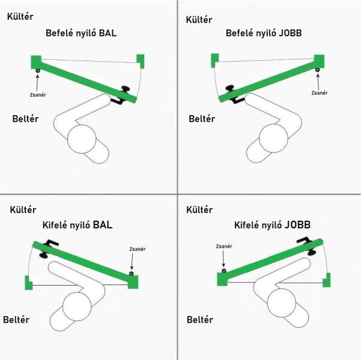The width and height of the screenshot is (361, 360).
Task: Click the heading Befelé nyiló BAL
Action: coord(81,33)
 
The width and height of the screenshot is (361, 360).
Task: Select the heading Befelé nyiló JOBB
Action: coord(264,33)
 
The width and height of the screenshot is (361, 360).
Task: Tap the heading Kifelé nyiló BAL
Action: coord(77,225)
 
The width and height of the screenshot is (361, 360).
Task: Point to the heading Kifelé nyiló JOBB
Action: coord(272,225)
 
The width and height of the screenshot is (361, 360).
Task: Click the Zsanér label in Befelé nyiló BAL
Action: coord(38,95)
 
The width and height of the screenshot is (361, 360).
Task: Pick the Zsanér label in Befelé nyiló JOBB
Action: coord(320,93)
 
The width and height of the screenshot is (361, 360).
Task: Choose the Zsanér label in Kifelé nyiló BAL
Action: coord(138,249)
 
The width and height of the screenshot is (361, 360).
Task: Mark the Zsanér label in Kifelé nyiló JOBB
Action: coord(224,247)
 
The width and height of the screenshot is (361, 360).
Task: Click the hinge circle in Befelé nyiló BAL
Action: coord(38,71)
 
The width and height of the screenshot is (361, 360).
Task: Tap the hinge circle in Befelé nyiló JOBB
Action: coord(318,70)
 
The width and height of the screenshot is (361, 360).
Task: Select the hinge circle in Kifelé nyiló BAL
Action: coord(131,274)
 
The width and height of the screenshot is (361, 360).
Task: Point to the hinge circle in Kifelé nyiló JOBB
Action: coord(224,271)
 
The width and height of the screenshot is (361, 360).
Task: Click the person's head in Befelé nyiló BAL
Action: coord(82,139)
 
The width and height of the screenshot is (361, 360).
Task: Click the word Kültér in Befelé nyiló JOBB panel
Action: coord(199,20)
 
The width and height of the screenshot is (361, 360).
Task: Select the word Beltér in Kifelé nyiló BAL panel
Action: coord(16,320)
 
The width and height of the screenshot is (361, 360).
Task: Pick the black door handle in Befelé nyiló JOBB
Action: coord(234,94)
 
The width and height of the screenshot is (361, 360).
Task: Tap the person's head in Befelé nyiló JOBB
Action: coord(273,138)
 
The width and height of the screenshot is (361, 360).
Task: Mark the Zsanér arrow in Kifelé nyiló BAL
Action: coord(132,261)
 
